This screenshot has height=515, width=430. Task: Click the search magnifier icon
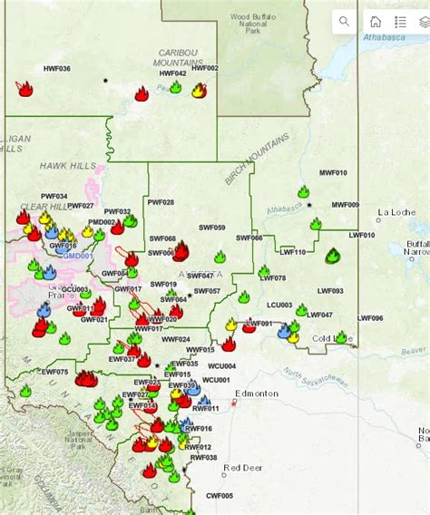(x=344, y=22)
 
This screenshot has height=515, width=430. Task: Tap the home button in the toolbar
(x=375, y=22)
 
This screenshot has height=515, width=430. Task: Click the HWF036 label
(x=56, y=69)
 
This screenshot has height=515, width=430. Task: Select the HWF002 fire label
(x=205, y=68)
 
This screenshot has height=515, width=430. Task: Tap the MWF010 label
(x=333, y=172)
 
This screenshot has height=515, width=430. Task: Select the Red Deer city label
(x=243, y=468)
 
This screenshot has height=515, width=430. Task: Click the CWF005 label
(x=220, y=495)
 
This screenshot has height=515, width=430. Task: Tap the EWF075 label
(x=54, y=372)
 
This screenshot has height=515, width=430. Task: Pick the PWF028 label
(x=161, y=202)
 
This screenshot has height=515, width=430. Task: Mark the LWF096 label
(x=370, y=318)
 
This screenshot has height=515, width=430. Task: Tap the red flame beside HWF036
(x=25, y=89)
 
